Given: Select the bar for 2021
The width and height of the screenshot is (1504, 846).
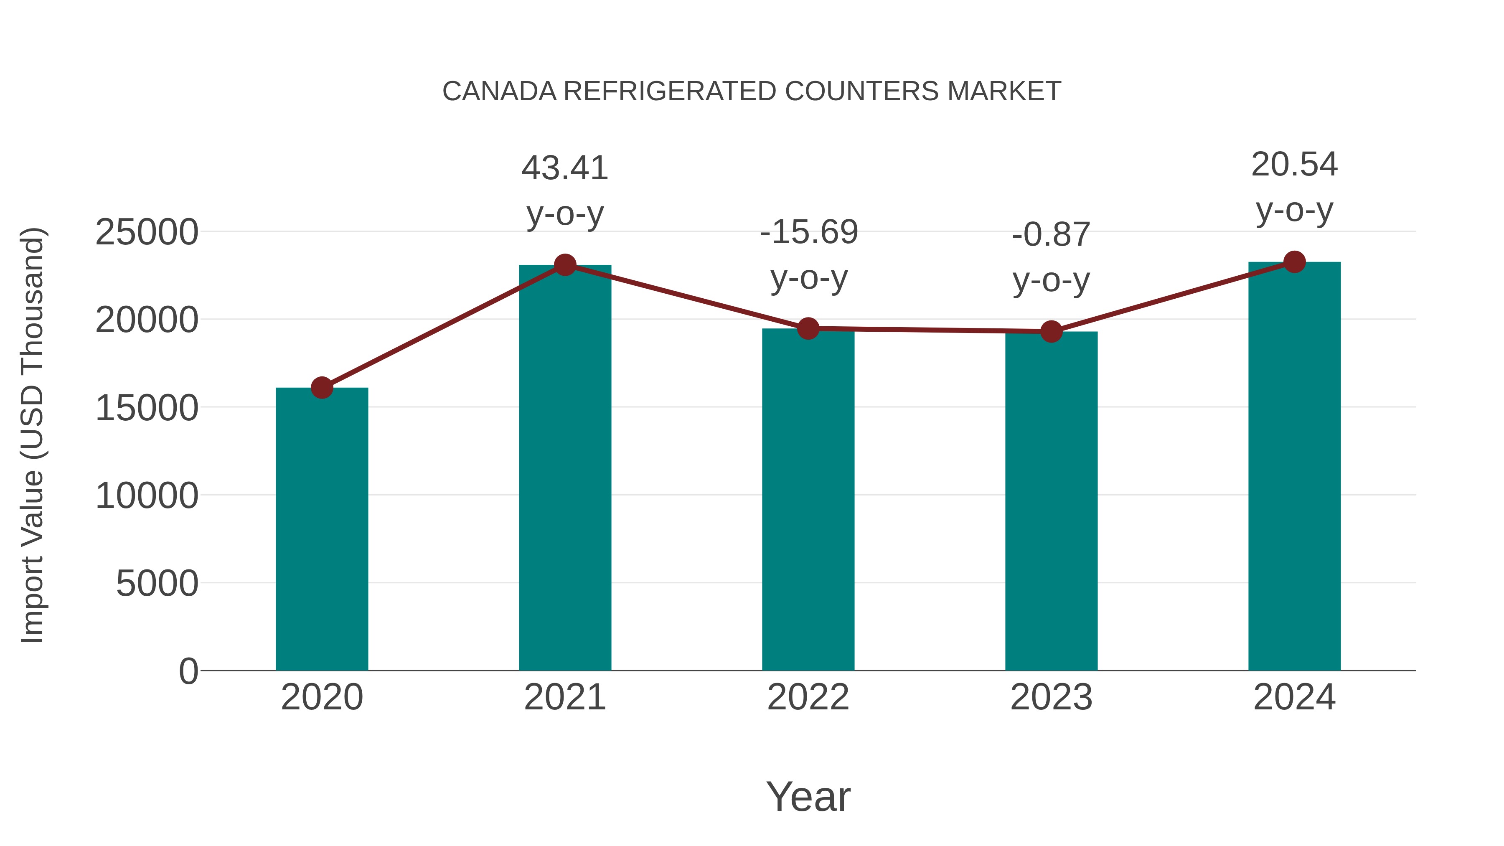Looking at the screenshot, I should [564, 467].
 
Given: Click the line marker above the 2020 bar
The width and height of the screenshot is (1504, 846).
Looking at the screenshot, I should [322, 387].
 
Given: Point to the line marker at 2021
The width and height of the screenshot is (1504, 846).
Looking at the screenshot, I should [564, 265].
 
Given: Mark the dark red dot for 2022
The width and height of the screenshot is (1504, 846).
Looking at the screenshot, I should [808, 329].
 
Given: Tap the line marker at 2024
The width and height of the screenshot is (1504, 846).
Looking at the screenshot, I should [1294, 262].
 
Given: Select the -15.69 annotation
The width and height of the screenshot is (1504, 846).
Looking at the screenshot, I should [809, 232].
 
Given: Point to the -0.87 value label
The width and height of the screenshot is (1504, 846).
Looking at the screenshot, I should [1051, 235].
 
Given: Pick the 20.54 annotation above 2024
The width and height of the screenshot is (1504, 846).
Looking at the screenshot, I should [1294, 165].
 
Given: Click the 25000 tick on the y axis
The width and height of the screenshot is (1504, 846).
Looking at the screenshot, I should [147, 232].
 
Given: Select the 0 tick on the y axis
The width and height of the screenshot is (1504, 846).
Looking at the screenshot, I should [188, 671].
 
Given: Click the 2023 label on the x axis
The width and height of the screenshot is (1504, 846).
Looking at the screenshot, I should [1051, 697].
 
